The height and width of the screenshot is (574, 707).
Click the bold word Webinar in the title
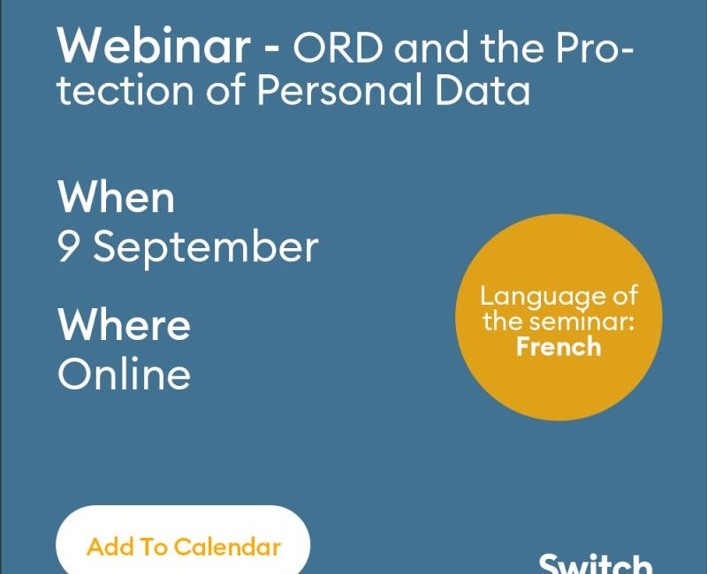tap(154, 46)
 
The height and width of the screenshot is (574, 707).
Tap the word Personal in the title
tap(341, 89)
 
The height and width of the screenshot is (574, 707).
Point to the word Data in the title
tap(483, 89)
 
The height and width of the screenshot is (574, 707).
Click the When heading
tap(116, 197)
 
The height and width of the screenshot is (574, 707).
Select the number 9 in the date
tap(68, 245)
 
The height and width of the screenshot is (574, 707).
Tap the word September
tap(206, 248)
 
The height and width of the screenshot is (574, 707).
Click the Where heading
tap(124, 324)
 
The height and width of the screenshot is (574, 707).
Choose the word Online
tap(124, 373)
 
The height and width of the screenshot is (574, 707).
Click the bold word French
tap(559, 346)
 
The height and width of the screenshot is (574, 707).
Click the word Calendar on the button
tap(227, 547)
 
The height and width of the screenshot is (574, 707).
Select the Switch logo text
tap(596, 563)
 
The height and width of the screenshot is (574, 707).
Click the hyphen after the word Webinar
tap(271, 47)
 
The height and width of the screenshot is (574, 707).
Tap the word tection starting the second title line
tap(125, 90)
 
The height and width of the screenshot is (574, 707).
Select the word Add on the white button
tap(110, 547)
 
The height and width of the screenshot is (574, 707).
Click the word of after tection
tap(226, 89)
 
